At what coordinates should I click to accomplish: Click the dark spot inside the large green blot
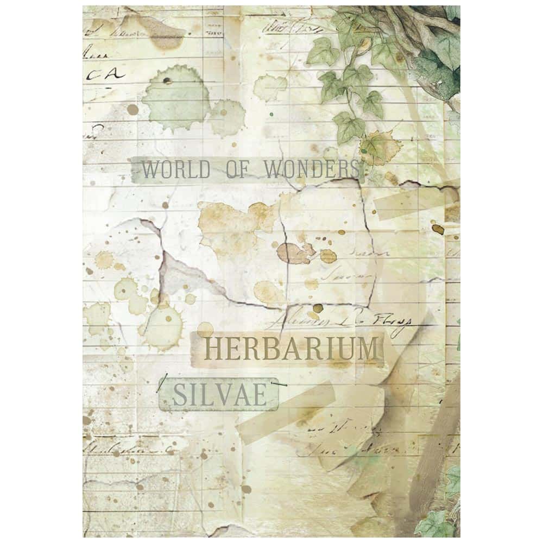coord(166,82)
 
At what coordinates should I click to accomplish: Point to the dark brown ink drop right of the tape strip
coord(439,229)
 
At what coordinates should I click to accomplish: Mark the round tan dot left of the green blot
coord(132,110)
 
